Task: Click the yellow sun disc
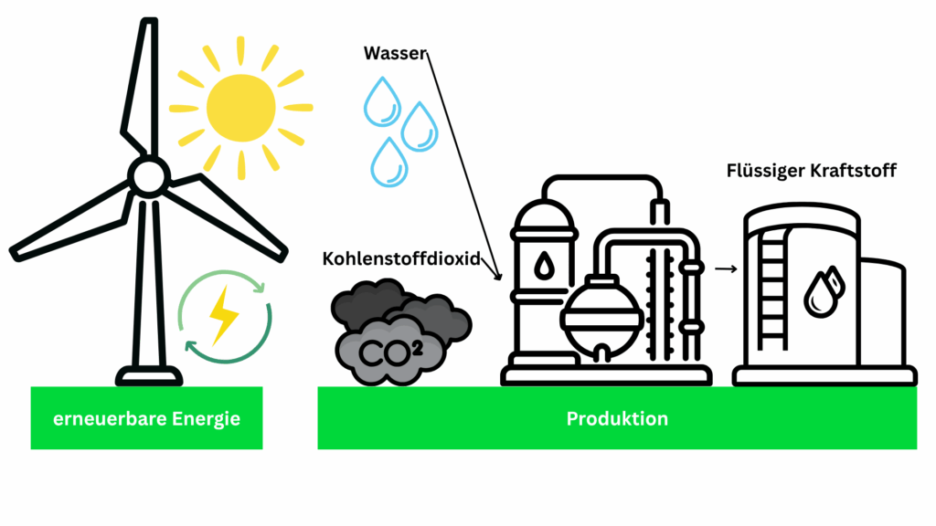240,109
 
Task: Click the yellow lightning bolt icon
223,314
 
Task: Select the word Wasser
395,53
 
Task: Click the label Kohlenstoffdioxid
401,258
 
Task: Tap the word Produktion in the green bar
617,419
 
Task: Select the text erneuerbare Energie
146,419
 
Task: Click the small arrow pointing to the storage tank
726,269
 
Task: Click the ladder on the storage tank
773,290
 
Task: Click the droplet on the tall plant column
544,267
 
